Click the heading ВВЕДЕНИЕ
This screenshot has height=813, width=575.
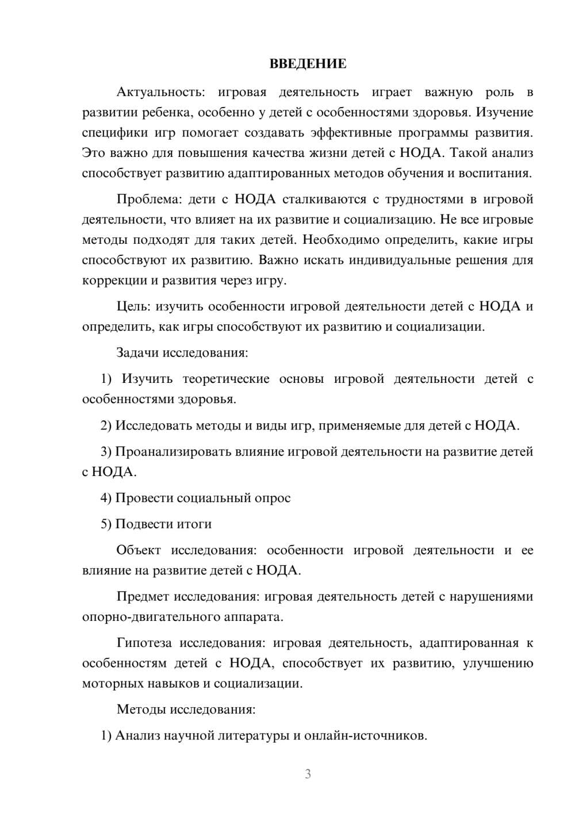pyautogui.click(x=308, y=64)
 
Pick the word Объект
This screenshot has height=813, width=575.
pyautogui.click(x=139, y=550)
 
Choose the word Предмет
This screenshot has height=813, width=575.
pyautogui.click(x=143, y=597)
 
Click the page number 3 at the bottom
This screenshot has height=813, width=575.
pyautogui.click(x=308, y=774)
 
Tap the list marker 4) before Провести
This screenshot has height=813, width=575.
pyautogui.click(x=106, y=498)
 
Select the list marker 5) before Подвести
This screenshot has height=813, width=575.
pyautogui.click(x=106, y=524)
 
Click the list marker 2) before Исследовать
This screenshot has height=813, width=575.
pyautogui.click(x=106, y=425)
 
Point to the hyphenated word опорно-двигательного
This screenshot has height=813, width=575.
pyautogui.click(x=148, y=618)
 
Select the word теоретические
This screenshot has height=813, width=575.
pyautogui.click(x=226, y=379)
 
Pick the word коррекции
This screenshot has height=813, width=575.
pyautogui.click(x=112, y=281)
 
